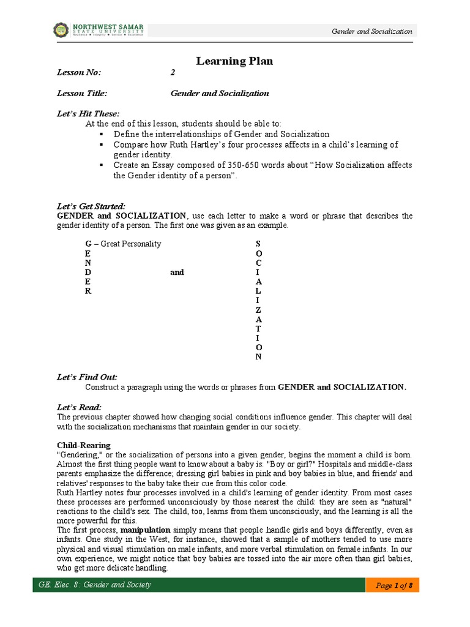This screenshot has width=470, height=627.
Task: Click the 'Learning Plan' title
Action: pos(234,61)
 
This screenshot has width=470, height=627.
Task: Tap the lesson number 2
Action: pos(173,73)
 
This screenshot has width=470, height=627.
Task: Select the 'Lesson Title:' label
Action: pos(82,94)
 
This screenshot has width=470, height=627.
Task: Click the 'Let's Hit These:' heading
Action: pos(88,114)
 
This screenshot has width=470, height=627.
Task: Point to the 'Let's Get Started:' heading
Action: pos(91,206)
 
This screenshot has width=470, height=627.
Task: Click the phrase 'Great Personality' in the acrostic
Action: pos(131,244)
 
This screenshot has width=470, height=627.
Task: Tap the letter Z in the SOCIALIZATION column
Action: pos(259,310)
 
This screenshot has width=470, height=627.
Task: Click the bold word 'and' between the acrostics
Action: pos(177,272)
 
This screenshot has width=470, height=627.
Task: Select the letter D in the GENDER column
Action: pos(88,272)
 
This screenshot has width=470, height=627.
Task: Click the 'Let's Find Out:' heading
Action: pos(86,377)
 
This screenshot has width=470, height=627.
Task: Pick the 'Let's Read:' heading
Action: pos(80,407)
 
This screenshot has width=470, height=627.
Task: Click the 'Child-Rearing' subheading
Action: pos(84,445)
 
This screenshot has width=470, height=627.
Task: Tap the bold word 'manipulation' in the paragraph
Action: pos(146,529)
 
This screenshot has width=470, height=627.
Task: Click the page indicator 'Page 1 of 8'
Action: pos(394,586)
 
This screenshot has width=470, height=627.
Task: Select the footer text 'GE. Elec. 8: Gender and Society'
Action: pos(95,585)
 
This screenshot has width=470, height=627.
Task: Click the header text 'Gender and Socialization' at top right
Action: pos(371,31)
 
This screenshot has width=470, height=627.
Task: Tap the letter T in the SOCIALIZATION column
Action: pos(259,328)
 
